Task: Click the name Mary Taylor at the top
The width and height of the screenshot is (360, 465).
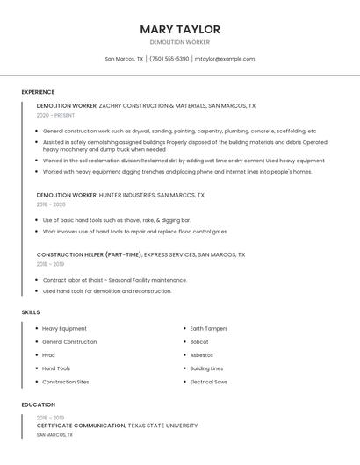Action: [x=180, y=29]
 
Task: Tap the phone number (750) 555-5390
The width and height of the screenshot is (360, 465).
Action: [x=169, y=59]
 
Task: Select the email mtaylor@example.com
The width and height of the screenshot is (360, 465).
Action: [x=225, y=59]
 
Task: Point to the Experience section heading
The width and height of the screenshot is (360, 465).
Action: [x=38, y=92]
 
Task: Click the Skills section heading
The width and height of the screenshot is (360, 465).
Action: [x=31, y=312]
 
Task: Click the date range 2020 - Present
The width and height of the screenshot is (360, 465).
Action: [x=55, y=115]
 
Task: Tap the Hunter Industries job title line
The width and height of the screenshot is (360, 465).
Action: [x=120, y=195]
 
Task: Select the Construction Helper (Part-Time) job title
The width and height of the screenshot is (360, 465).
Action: [x=89, y=254]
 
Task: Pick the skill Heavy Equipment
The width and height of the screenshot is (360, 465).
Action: [x=64, y=328]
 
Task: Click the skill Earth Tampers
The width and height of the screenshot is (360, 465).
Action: [x=209, y=328]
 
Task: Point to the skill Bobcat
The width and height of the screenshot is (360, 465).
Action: [x=199, y=341]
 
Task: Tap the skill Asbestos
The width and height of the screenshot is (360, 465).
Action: [x=202, y=355]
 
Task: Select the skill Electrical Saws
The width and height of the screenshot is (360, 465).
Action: [x=209, y=382]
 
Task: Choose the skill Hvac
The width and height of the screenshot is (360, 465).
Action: [x=48, y=355]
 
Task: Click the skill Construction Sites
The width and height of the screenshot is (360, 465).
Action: [x=66, y=382]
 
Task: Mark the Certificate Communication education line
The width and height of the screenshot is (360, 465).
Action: [x=117, y=426]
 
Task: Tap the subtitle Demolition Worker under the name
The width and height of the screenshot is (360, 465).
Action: [x=180, y=42]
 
